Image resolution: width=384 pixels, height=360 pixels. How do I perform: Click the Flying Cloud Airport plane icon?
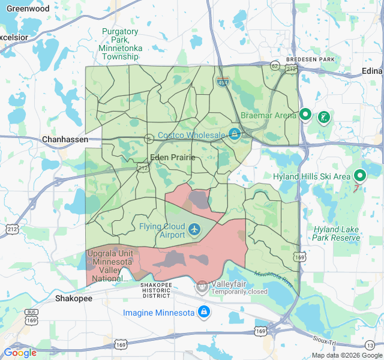click(194, 230)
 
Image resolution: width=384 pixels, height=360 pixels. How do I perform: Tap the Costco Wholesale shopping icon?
click(234, 134)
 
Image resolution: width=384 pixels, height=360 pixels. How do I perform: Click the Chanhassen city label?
click(65, 140)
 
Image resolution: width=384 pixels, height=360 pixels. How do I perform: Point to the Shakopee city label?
click(73, 298)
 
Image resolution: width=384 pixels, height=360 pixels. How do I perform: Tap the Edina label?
click(371, 71)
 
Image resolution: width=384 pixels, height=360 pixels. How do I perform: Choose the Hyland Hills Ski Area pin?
click(360, 175)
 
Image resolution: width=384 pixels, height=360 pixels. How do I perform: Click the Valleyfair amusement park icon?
click(202, 287)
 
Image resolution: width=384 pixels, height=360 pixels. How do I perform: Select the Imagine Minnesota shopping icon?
click(204, 312)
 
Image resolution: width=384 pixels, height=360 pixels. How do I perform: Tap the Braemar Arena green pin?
click(305, 114)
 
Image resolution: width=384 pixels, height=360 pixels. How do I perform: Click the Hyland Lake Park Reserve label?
click(336, 233)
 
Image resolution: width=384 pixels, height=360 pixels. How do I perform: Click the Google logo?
click(20, 353)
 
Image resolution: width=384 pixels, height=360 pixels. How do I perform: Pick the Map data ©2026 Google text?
click(346, 355)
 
